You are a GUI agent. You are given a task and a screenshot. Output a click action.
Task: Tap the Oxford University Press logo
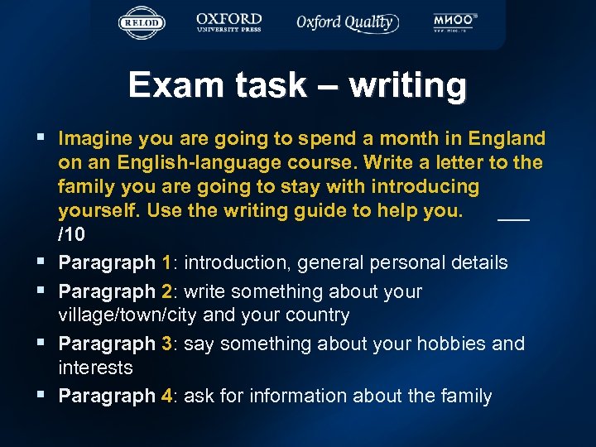[x=229, y=22]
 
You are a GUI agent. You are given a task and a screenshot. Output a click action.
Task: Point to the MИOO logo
[x=455, y=22]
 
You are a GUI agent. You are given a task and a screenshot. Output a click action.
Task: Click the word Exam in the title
[x=171, y=85]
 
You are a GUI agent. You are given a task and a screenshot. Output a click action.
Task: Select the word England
[x=507, y=138]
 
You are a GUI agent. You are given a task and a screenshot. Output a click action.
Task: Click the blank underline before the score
[x=513, y=218]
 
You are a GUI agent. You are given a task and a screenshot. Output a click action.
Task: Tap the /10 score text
[x=71, y=234]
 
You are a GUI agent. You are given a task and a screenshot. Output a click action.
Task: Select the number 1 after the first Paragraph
[x=167, y=263]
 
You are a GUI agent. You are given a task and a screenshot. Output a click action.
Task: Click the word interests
[x=95, y=367]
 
